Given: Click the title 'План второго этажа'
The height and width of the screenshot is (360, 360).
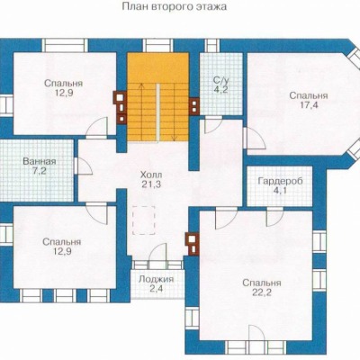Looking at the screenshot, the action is click(175, 7).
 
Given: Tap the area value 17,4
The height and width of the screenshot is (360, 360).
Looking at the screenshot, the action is click(309, 105).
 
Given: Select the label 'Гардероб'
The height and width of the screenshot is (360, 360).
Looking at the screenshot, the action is click(281, 181).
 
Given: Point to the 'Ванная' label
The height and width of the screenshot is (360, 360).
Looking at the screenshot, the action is click(40, 161).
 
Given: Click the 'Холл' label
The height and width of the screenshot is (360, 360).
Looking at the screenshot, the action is click(151, 175).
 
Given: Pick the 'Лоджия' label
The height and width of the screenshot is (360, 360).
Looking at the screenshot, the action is click(156, 279).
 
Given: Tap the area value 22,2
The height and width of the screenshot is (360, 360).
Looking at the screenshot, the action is click(262, 292).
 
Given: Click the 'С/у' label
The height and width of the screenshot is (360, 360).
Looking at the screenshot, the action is click(221, 80).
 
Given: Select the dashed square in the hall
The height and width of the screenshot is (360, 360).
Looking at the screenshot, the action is click(144, 220).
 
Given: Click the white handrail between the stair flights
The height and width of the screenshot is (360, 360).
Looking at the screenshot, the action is click(157, 112).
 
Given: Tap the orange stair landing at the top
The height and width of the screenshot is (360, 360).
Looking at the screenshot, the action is click(158, 67).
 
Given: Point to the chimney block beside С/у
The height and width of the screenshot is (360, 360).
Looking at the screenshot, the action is click(193, 106).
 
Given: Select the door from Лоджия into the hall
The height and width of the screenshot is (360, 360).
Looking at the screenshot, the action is click(157, 252).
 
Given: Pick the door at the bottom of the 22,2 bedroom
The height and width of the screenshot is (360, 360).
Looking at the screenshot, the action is click(256, 333).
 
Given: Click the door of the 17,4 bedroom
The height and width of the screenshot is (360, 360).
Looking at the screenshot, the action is click(254, 138).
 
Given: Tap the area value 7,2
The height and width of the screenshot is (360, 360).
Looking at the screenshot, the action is click(40, 172).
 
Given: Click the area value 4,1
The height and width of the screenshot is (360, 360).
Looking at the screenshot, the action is click(281, 191).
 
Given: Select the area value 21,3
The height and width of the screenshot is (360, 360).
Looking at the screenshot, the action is click(151, 184).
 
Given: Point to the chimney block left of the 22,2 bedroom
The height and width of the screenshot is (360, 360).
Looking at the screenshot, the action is click(192, 244).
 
